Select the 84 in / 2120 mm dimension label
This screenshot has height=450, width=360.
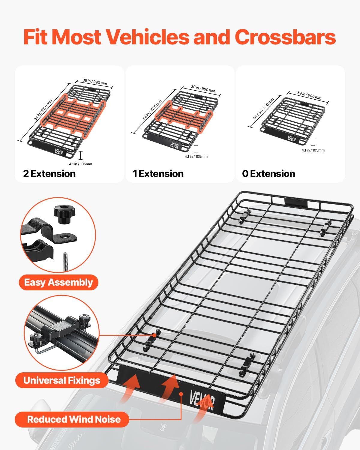pos(43,110)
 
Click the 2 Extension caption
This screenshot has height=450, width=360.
pos(49,174)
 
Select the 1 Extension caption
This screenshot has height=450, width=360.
pos(158,174)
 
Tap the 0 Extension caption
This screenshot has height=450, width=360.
pos(268,174)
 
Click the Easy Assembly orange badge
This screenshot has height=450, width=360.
pos(58,282)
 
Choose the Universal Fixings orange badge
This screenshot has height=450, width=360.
pos(61,380)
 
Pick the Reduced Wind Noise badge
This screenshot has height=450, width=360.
pos(73,419)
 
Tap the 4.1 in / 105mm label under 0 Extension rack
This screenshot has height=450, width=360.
pos(313,150)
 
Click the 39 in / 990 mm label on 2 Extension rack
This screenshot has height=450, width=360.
pos(95,82)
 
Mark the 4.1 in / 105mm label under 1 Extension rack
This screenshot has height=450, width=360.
pos(196,156)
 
